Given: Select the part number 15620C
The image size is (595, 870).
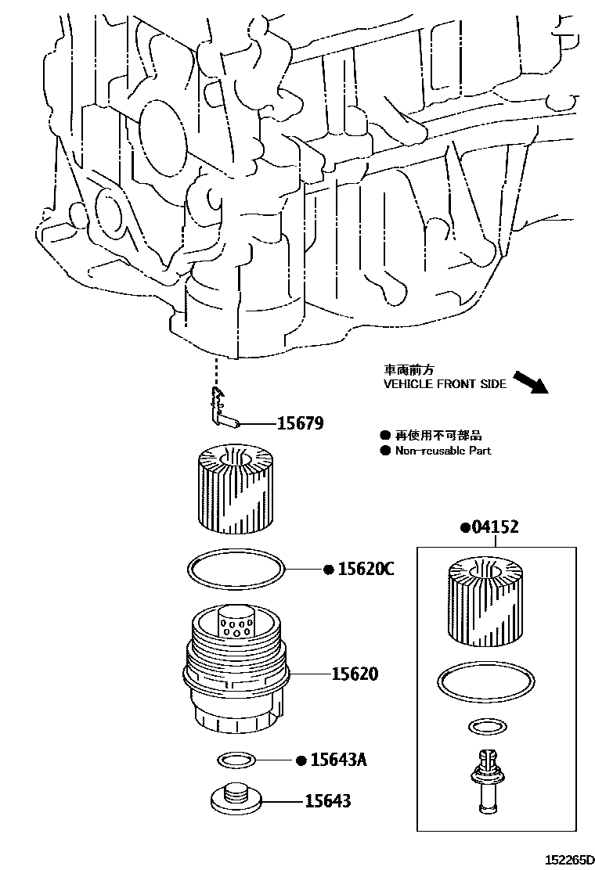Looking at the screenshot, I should tap(365, 569).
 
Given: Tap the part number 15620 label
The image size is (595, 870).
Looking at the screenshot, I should tap(354, 674).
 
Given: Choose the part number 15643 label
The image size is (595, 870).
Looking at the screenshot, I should tap(328, 801).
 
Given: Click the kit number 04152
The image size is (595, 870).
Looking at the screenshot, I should tap(495, 527).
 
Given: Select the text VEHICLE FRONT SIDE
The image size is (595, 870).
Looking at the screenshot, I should tap(445, 384).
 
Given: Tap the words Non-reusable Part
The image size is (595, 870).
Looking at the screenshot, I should tap(443, 451).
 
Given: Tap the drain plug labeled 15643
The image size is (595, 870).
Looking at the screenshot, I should tap(235, 799).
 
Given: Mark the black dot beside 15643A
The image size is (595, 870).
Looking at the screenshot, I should tap(300, 760).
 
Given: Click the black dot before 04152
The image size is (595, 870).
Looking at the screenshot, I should tap(464, 528).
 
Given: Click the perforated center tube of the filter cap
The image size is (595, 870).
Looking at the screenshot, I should tap(234, 622).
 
